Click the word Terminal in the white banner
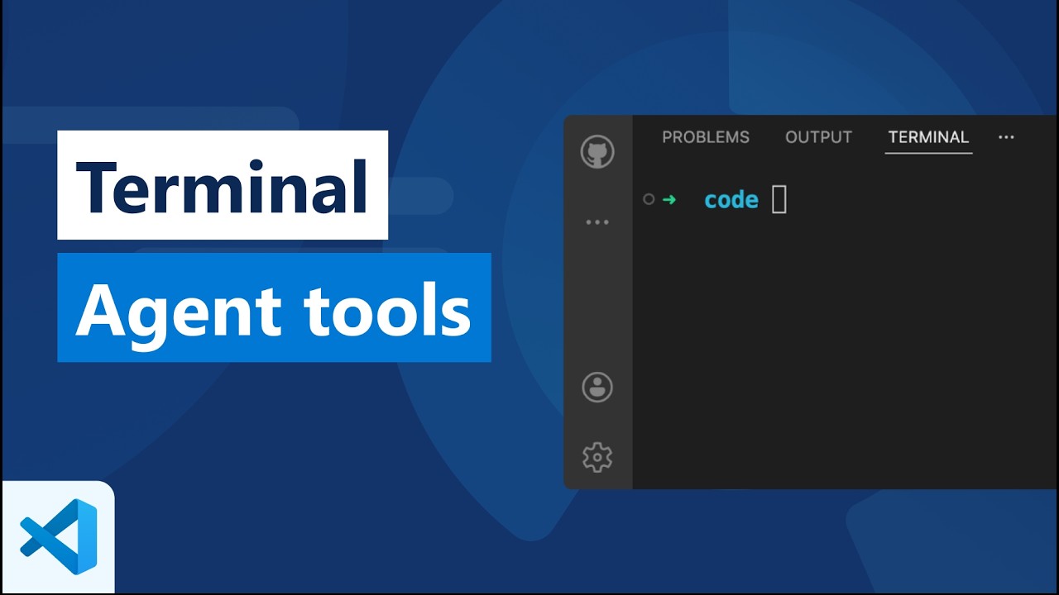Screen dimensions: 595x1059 [222, 187]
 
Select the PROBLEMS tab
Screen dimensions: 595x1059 [706, 137]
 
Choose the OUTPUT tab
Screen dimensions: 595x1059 [818, 137]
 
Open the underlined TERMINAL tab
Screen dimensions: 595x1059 [928, 137]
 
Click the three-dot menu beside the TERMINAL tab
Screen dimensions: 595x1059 [1006, 137]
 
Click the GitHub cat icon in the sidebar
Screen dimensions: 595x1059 [597, 153]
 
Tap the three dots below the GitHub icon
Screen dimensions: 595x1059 [597, 222]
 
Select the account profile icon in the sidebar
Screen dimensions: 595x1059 [597, 387]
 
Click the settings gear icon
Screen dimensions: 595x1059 [597, 457]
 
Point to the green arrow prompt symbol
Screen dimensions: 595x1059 [669, 199]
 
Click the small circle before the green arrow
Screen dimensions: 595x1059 [649, 199]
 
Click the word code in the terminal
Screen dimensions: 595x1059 [731, 200]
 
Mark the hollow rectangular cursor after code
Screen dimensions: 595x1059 [779, 199]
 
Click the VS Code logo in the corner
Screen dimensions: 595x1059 [59, 536]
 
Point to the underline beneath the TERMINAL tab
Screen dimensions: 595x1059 [928, 153]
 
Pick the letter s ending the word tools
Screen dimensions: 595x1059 [456, 317]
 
